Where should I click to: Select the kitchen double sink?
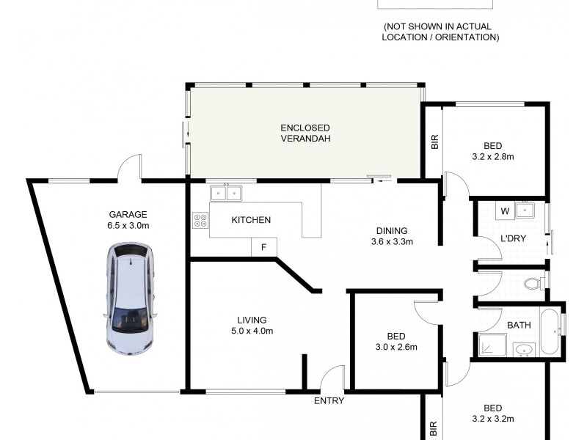226,194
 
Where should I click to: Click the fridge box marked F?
263,248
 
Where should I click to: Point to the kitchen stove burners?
200,220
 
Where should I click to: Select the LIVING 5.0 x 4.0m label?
252,325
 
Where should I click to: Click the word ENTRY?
329,400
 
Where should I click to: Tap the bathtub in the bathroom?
550,332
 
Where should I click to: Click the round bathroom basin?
523,349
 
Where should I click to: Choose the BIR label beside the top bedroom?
434,142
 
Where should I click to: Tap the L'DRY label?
511,240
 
